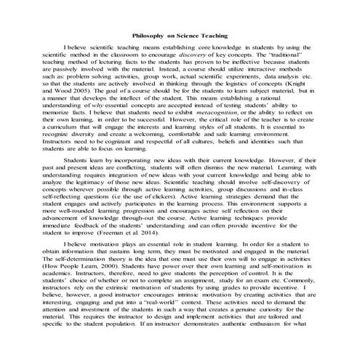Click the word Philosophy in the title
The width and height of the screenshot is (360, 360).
pyautogui.click(x=149, y=34)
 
